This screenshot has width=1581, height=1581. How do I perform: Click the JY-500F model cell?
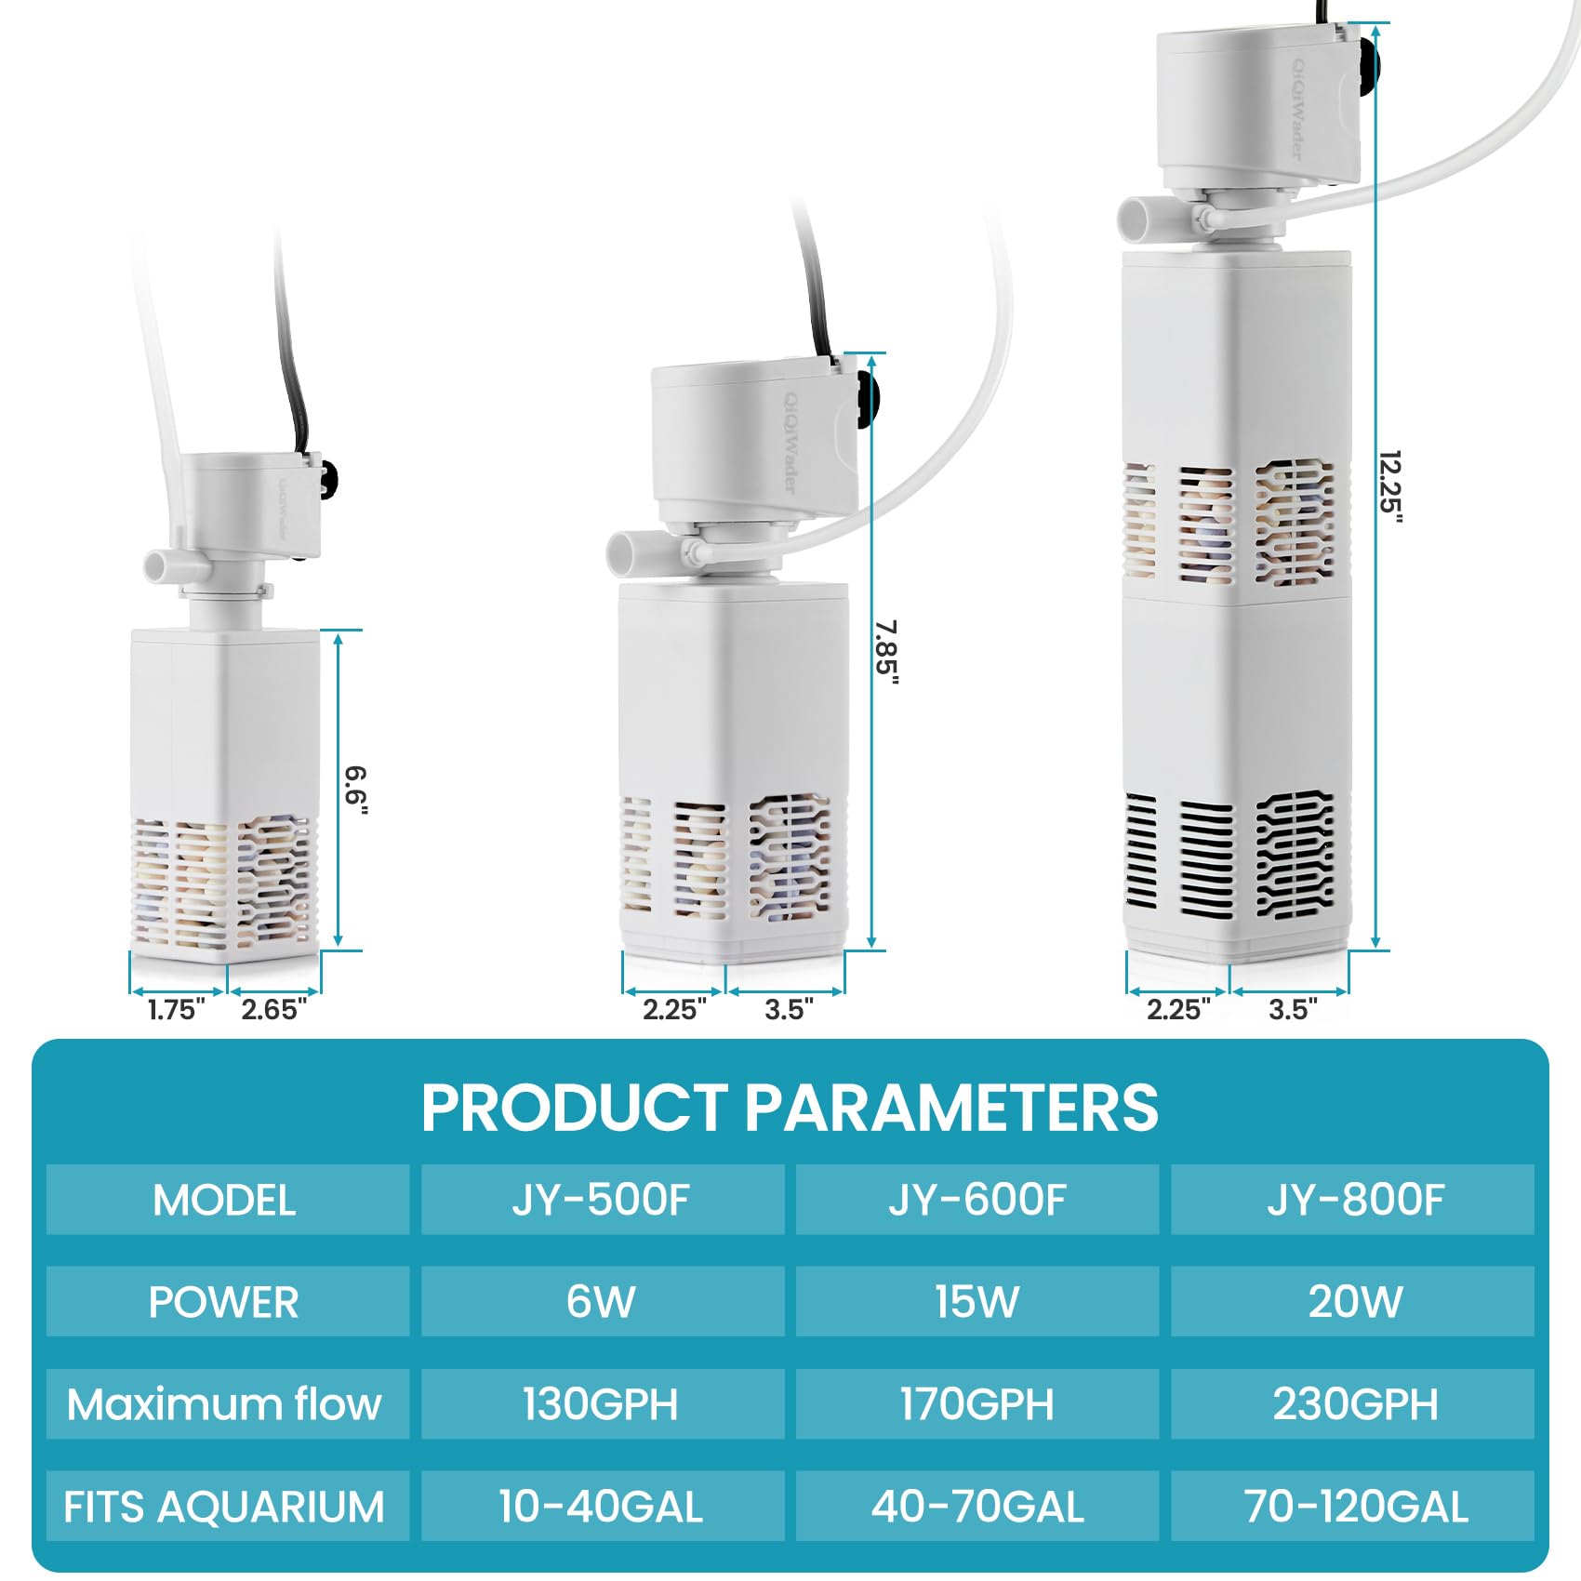[x=602, y=1200]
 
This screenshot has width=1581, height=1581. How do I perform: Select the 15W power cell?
[x=977, y=1301]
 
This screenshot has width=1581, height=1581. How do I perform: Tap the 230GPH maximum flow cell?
[x=1353, y=1403]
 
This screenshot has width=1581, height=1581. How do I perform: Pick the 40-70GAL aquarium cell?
[x=977, y=1506]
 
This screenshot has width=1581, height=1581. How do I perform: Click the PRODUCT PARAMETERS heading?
[x=790, y=1107]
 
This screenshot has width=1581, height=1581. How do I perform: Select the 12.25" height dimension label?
[x=1389, y=487]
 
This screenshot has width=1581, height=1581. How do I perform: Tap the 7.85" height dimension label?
[x=886, y=653]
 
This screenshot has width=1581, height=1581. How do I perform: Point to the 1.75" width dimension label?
[x=177, y=1009]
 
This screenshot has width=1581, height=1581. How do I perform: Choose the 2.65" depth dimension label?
[x=273, y=1009]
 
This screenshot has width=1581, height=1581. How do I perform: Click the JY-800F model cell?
[x=1353, y=1200]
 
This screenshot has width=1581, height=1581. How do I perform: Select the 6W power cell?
[x=602, y=1301]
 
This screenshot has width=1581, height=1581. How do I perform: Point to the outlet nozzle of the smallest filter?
[x=160, y=565]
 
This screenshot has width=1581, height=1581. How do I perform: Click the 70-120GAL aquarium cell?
[x=1353, y=1506]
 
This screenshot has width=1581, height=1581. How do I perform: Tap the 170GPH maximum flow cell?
[x=977, y=1403]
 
